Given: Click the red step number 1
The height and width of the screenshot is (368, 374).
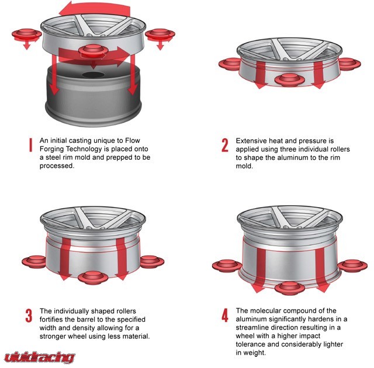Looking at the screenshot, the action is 30,145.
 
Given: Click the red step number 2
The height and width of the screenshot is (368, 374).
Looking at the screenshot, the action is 224,145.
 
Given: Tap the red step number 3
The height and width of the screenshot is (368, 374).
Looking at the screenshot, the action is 29,316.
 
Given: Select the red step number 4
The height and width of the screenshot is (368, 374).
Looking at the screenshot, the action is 224,315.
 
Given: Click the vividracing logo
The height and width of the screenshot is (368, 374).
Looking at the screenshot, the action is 39,358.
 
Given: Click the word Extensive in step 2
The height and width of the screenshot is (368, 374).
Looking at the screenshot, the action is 251,141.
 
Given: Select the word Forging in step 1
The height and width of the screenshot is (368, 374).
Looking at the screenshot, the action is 51,149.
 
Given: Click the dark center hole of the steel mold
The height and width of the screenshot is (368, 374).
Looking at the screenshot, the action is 93,75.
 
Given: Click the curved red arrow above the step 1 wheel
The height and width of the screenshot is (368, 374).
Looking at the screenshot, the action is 95,9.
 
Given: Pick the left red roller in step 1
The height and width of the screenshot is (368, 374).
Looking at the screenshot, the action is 26,35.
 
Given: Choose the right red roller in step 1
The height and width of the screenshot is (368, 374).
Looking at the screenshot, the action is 160,35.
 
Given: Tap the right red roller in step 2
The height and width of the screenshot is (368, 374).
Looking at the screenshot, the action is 349,64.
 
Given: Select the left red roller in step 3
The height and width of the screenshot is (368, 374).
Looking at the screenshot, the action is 34,262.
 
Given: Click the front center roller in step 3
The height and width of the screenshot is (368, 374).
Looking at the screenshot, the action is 93,278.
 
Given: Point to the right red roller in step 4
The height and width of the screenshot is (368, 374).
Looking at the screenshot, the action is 352,266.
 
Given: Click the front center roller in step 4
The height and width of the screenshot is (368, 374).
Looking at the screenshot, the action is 290,288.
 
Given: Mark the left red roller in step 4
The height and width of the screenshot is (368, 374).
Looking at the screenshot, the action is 227,266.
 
